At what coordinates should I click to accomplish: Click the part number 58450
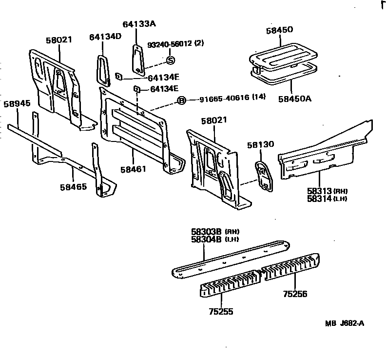pyautogui.click(x=279, y=30)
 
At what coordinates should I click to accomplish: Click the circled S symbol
pyautogui.click(x=170, y=60)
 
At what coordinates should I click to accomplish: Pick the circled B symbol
pyautogui.click(x=181, y=100)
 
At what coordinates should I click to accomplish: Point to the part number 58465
pyautogui.click(x=74, y=186)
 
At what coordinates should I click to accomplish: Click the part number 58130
pyautogui.click(x=260, y=145)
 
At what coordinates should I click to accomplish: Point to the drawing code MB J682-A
pyautogui.click(x=345, y=323)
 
